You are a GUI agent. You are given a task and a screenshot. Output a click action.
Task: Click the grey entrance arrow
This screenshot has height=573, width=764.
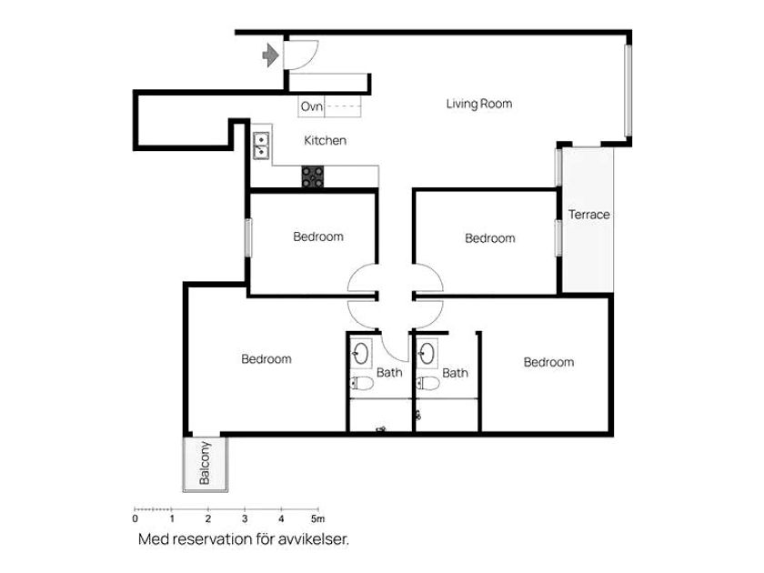tap(270, 55)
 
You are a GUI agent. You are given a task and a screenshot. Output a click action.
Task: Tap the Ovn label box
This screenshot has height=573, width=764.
tap(311, 106)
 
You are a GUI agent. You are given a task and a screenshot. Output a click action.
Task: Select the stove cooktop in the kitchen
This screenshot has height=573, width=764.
tap(312, 176)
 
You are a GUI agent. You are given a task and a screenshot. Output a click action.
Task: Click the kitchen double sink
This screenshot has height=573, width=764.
tap(261, 146)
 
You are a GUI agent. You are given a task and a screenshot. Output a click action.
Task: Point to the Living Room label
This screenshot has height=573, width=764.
tap(479, 104)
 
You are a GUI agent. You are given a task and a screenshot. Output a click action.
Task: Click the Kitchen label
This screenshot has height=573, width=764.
tap(325, 140)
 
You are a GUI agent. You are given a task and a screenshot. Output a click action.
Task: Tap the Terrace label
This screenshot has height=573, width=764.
tap(588, 215)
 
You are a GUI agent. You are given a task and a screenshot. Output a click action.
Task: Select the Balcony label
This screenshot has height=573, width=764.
tap(205, 463)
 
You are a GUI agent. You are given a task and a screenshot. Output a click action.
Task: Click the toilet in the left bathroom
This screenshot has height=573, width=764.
tap(362, 384)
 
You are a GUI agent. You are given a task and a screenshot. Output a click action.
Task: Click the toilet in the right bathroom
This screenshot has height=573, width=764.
tap(427, 384)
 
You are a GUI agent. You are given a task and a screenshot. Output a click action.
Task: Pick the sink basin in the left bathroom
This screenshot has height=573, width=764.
tap(361, 353)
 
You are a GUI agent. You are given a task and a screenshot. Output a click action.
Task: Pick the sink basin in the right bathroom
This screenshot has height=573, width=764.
tap(427, 353)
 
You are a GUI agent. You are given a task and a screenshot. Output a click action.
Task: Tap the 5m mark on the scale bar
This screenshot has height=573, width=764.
tap(317, 518)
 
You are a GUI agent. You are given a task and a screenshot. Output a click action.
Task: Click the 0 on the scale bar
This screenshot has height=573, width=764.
tap(136, 518)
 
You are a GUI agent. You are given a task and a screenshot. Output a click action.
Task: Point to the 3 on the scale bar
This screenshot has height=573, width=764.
tap(245, 518)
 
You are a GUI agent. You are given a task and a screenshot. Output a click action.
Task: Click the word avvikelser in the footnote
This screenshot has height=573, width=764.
tap(313, 539)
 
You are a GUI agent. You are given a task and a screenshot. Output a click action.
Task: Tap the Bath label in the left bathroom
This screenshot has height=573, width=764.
tap(389, 373)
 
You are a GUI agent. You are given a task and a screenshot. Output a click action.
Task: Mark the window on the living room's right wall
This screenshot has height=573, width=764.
tap(628, 90)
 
